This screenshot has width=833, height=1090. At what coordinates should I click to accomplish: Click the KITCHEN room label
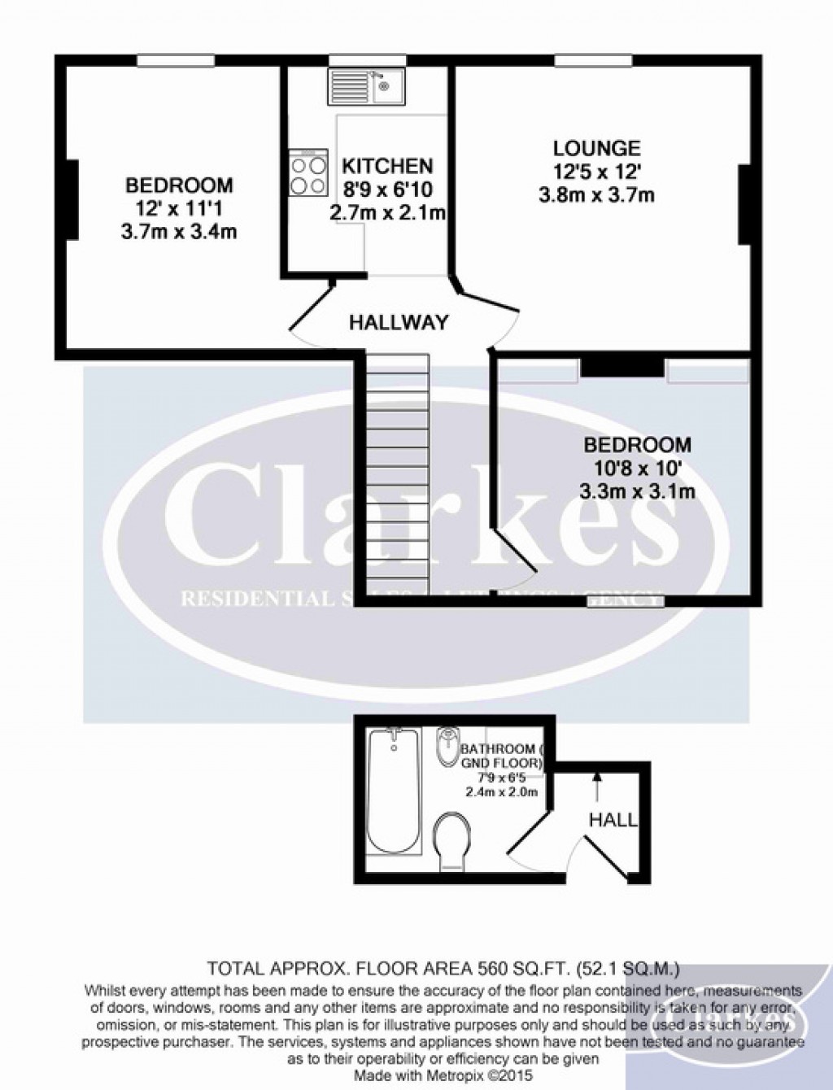coord(387,167)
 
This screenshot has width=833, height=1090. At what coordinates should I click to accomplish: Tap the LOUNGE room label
coord(596,149)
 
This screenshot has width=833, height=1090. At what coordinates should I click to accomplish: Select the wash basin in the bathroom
coord(447,746)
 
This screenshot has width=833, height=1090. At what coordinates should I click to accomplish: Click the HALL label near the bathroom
coord(613,820)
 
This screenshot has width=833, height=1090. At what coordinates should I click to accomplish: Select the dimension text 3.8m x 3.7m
coord(596,195)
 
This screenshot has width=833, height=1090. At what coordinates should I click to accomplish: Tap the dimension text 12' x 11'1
coord(179,209)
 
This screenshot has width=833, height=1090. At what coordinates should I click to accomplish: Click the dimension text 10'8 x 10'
coord(638,468)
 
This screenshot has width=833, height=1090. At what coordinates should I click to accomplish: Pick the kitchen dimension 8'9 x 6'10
coord(387,190)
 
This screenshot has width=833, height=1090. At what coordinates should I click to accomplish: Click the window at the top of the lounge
coord(594,60)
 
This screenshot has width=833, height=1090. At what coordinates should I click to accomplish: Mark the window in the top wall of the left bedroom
coord(176,60)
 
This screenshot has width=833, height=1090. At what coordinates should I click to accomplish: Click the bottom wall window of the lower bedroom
coord(626,602)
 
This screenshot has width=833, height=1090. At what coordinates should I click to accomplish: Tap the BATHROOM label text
coord(498,749)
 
